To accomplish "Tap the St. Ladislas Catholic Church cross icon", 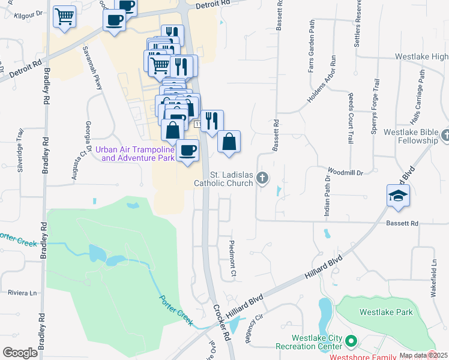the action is point(262,178).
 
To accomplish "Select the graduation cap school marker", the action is point(398,196).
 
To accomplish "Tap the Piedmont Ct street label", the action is point(232,260).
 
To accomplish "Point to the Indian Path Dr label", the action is point(328,186).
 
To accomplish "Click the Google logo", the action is point(20,353).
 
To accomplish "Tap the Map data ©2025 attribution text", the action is point(423,355).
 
